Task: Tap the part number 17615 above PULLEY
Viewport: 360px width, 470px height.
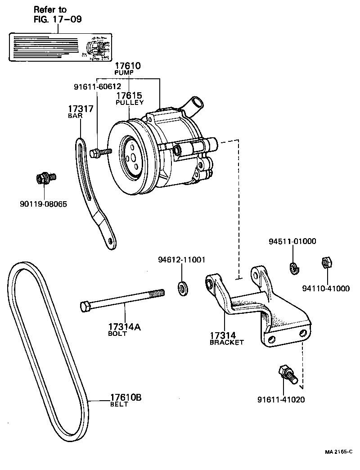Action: [130, 95]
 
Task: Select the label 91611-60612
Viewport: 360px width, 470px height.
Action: [98, 86]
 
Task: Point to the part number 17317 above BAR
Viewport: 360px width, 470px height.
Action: [81, 109]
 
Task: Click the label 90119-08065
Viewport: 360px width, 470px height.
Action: [43, 204]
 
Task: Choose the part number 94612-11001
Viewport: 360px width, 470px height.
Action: [182, 260]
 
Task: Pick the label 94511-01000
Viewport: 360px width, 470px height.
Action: [292, 241]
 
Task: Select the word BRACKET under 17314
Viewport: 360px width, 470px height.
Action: [227, 342]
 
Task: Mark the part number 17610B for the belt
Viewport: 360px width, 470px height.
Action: [126, 398]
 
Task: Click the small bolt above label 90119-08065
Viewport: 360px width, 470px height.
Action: [45, 179]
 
